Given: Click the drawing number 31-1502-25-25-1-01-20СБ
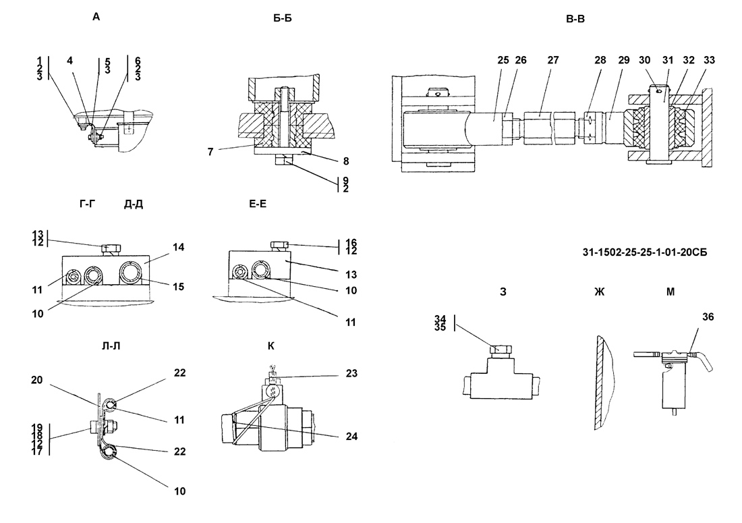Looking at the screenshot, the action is [x=644, y=253].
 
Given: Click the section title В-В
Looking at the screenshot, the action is [x=575, y=19].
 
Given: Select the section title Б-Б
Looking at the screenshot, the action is [x=283, y=18].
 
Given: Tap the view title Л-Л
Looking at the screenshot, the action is [x=111, y=346].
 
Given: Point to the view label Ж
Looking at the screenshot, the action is [x=599, y=292].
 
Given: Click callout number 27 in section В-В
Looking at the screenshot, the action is [x=553, y=60].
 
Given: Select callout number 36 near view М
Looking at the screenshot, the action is [x=708, y=316].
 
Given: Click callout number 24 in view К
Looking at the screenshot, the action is [x=351, y=437].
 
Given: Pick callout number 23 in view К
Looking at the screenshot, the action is [x=351, y=373].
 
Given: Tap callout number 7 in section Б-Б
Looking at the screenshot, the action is [x=210, y=152].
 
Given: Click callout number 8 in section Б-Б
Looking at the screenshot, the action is [x=346, y=161].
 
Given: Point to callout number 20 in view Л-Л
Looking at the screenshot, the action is [x=37, y=380].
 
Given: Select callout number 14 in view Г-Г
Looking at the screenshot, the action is [x=178, y=247].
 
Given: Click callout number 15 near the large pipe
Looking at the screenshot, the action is [x=178, y=287].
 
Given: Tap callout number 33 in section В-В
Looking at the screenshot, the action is [x=710, y=60].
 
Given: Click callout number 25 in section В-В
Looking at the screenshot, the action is [x=503, y=60].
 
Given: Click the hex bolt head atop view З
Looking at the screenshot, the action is [x=500, y=351].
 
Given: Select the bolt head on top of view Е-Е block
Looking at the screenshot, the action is [x=279, y=246].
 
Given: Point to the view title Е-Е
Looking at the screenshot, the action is [x=258, y=204].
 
